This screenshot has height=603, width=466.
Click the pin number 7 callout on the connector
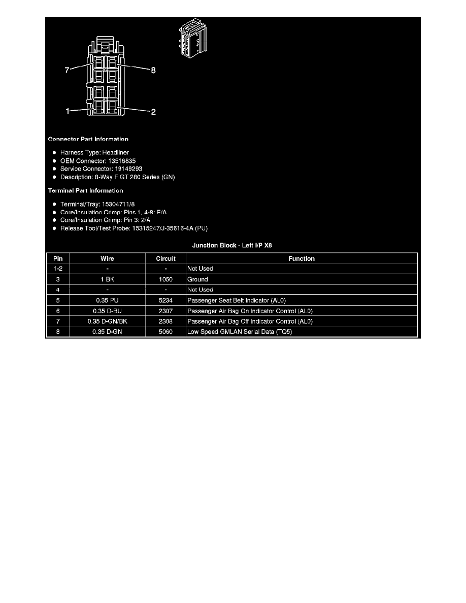click(67, 70)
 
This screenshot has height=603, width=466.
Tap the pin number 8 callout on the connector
click(153, 70)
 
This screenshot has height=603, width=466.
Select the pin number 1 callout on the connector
click(68, 112)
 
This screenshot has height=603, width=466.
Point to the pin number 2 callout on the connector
click(153, 112)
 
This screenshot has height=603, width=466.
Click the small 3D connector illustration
click(193, 38)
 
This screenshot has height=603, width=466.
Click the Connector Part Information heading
click(88, 139)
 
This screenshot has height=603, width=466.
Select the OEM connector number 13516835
click(122, 161)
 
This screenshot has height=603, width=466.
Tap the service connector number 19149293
click(128, 169)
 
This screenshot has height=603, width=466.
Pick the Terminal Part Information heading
click(85, 191)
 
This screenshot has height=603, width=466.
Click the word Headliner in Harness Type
click(116, 153)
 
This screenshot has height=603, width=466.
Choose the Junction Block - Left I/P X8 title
click(232, 245)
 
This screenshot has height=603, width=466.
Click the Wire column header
click(107, 259)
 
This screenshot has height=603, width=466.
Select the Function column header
click(302, 259)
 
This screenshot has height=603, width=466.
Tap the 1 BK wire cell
click(107, 280)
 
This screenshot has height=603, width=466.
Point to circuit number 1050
click(165, 280)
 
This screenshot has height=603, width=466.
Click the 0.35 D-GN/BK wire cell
click(107, 321)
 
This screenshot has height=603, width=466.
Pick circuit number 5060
click(165, 332)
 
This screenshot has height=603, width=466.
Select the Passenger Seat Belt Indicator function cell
click(237, 300)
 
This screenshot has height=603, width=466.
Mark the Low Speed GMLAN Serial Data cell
click(240, 332)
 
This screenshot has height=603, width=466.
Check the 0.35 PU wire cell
click(107, 300)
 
